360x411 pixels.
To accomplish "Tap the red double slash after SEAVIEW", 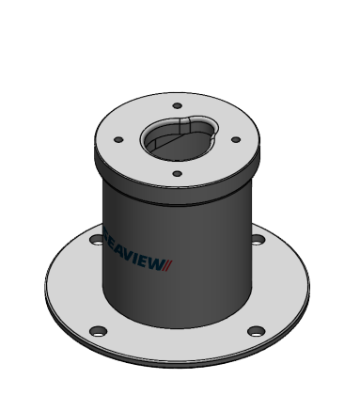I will pyautogui.click(x=169, y=265).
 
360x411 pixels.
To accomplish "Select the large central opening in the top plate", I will pyautogui.click(x=179, y=141).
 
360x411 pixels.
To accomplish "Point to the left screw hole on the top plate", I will pyautogui.click(x=118, y=140).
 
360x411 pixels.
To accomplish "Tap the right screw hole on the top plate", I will pyautogui.click(x=235, y=138).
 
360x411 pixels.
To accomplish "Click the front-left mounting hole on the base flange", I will pyautogui.click(x=97, y=330).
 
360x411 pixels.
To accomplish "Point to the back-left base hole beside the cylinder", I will pyautogui.click(x=95, y=241).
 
